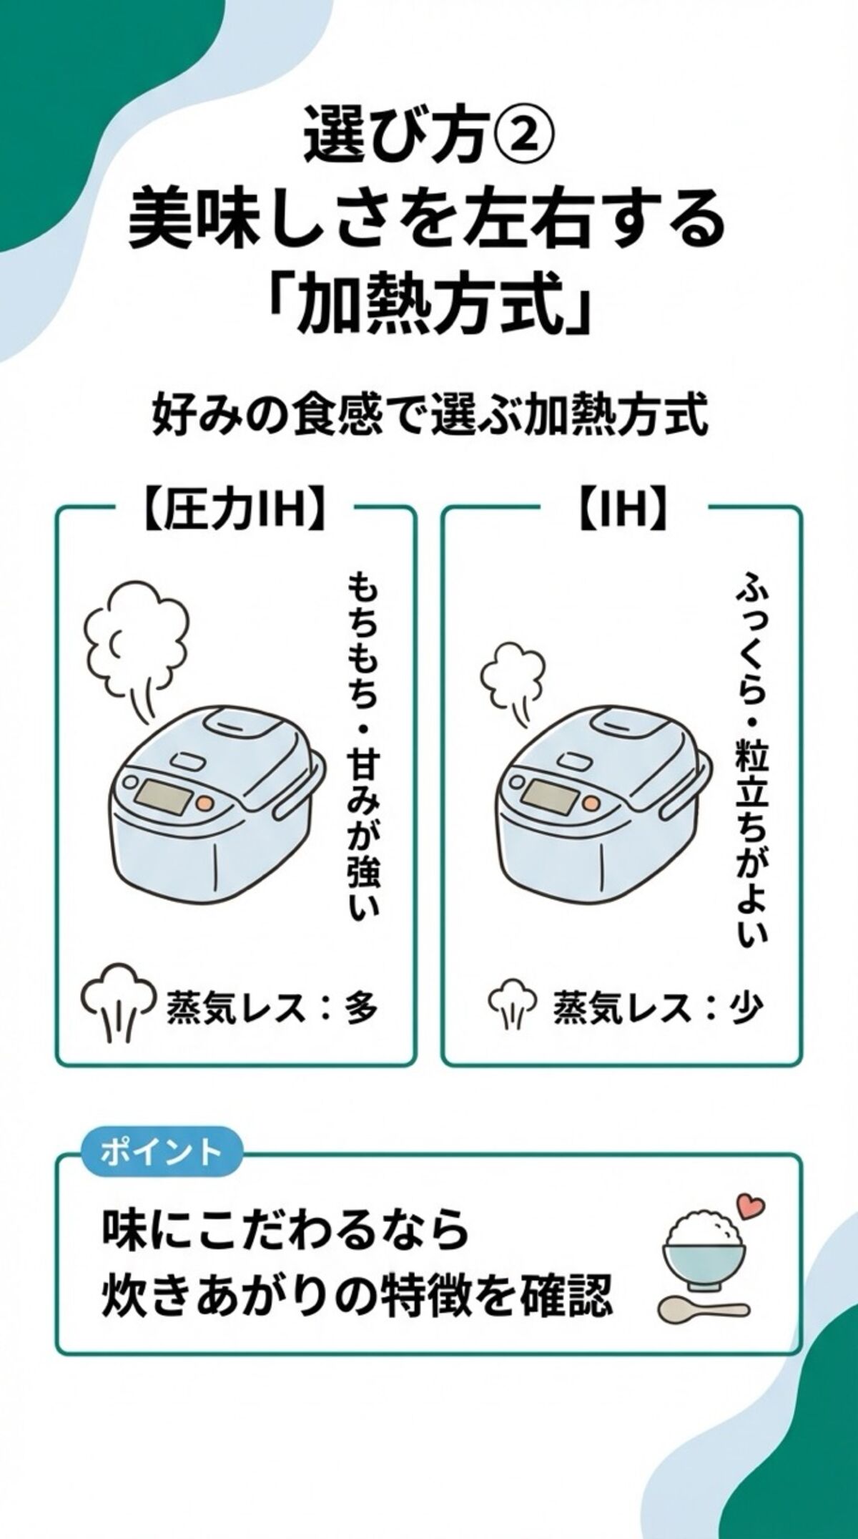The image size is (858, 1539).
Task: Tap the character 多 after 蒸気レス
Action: click(360, 1009)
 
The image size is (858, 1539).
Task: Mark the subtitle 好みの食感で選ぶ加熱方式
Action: click(429, 419)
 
